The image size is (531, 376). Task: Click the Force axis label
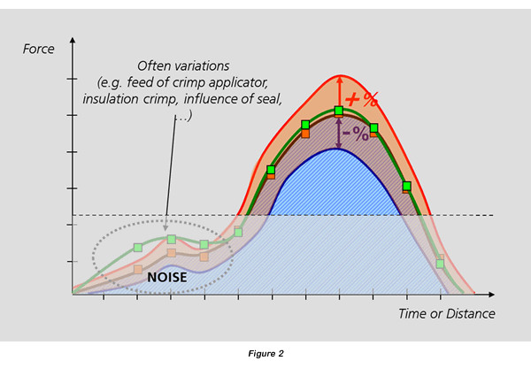click(38, 49)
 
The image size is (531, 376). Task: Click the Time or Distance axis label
click(447, 314)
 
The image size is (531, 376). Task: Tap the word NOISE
click(167, 278)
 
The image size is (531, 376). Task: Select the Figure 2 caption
click(265, 354)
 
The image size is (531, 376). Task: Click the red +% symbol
click(361, 99)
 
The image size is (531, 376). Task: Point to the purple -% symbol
click(356, 134)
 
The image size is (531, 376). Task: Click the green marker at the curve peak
click(339, 111)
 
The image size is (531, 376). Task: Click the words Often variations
click(183, 66)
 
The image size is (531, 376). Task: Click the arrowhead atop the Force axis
click(73, 40)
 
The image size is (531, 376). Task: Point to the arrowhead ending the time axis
click(492, 295)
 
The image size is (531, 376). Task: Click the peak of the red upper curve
click(341, 75)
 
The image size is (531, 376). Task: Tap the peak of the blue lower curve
click(338, 149)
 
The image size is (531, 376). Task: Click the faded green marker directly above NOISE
click(172, 240)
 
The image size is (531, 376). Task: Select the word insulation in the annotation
click(111, 99)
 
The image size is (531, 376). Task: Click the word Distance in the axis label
click(471, 314)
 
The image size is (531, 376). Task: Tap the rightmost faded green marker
click(440, 264)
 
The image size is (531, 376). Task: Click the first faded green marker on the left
click(138, 248)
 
